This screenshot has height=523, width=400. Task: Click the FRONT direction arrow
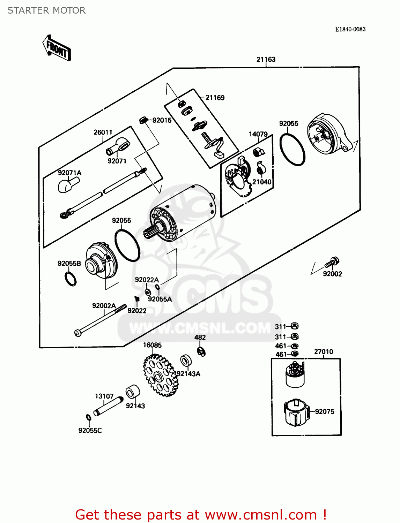point(57,48)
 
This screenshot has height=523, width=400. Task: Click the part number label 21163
point(266,59)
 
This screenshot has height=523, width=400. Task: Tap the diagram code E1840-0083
point(350,29)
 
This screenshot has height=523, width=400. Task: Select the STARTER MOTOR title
point(46,10)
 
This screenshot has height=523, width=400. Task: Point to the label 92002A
point(104,306)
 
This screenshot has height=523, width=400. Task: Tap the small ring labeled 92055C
point(89,418)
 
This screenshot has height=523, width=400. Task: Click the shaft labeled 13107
point(108,406)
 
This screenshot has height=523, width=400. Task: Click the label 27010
point(324,351)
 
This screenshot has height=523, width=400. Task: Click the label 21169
point(215,98)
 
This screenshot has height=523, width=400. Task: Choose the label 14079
point(258,134)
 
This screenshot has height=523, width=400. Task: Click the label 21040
point(262,182)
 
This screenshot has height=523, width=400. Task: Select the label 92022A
point(147,280)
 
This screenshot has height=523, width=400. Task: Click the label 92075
point(324,411)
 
